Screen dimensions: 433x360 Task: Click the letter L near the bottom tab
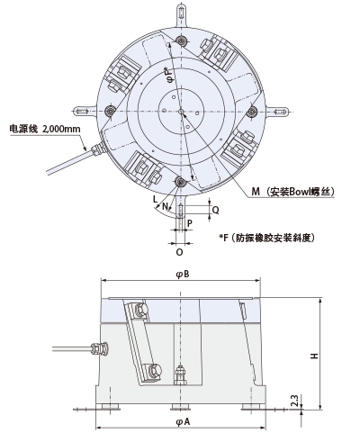tap(155, 197)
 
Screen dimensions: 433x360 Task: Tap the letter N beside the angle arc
tap(163, 206)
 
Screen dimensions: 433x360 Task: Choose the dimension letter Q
tap(214, 207)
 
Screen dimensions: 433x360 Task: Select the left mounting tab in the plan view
tap(85, 112)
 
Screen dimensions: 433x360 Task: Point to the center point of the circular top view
tap(181, 112)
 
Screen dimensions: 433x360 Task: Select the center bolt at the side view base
tap(181, 371)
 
